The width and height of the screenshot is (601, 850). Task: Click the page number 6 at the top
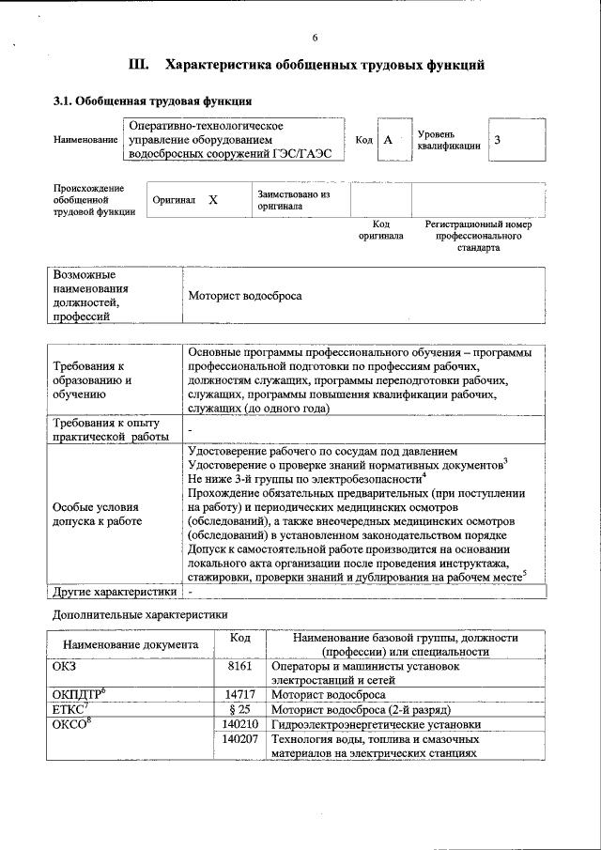click(x=315, y=38)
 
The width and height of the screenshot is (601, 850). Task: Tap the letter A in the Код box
click(x=387, y=140)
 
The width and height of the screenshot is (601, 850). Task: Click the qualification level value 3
click(x=498, y=140)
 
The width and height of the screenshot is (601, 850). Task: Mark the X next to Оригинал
click(x=213, y=200)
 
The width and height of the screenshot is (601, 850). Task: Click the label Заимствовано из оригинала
click(x=295, y=199)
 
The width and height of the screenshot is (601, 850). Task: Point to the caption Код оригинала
click(x=380, y=230)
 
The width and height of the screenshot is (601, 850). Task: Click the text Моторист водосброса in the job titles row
click(x=245, y=296)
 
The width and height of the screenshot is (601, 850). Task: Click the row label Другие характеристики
click(x=115, y=592)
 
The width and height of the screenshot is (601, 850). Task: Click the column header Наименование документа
click(x=131, y=645)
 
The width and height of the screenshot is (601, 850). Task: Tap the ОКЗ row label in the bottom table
click(x=65, y=666)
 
